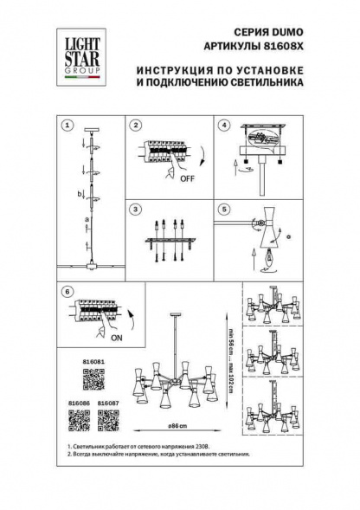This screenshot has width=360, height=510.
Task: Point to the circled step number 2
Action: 136,126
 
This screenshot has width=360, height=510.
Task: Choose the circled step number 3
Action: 136,210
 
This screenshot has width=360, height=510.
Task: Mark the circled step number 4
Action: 223,126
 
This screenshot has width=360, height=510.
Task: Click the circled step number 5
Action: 223,210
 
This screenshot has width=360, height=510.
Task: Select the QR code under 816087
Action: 107,420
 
